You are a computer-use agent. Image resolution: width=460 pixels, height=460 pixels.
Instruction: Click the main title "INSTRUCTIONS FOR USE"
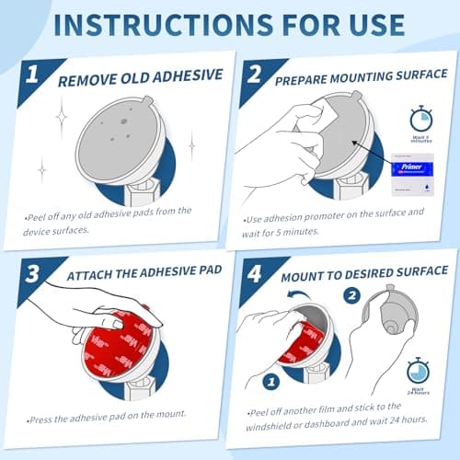230,24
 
